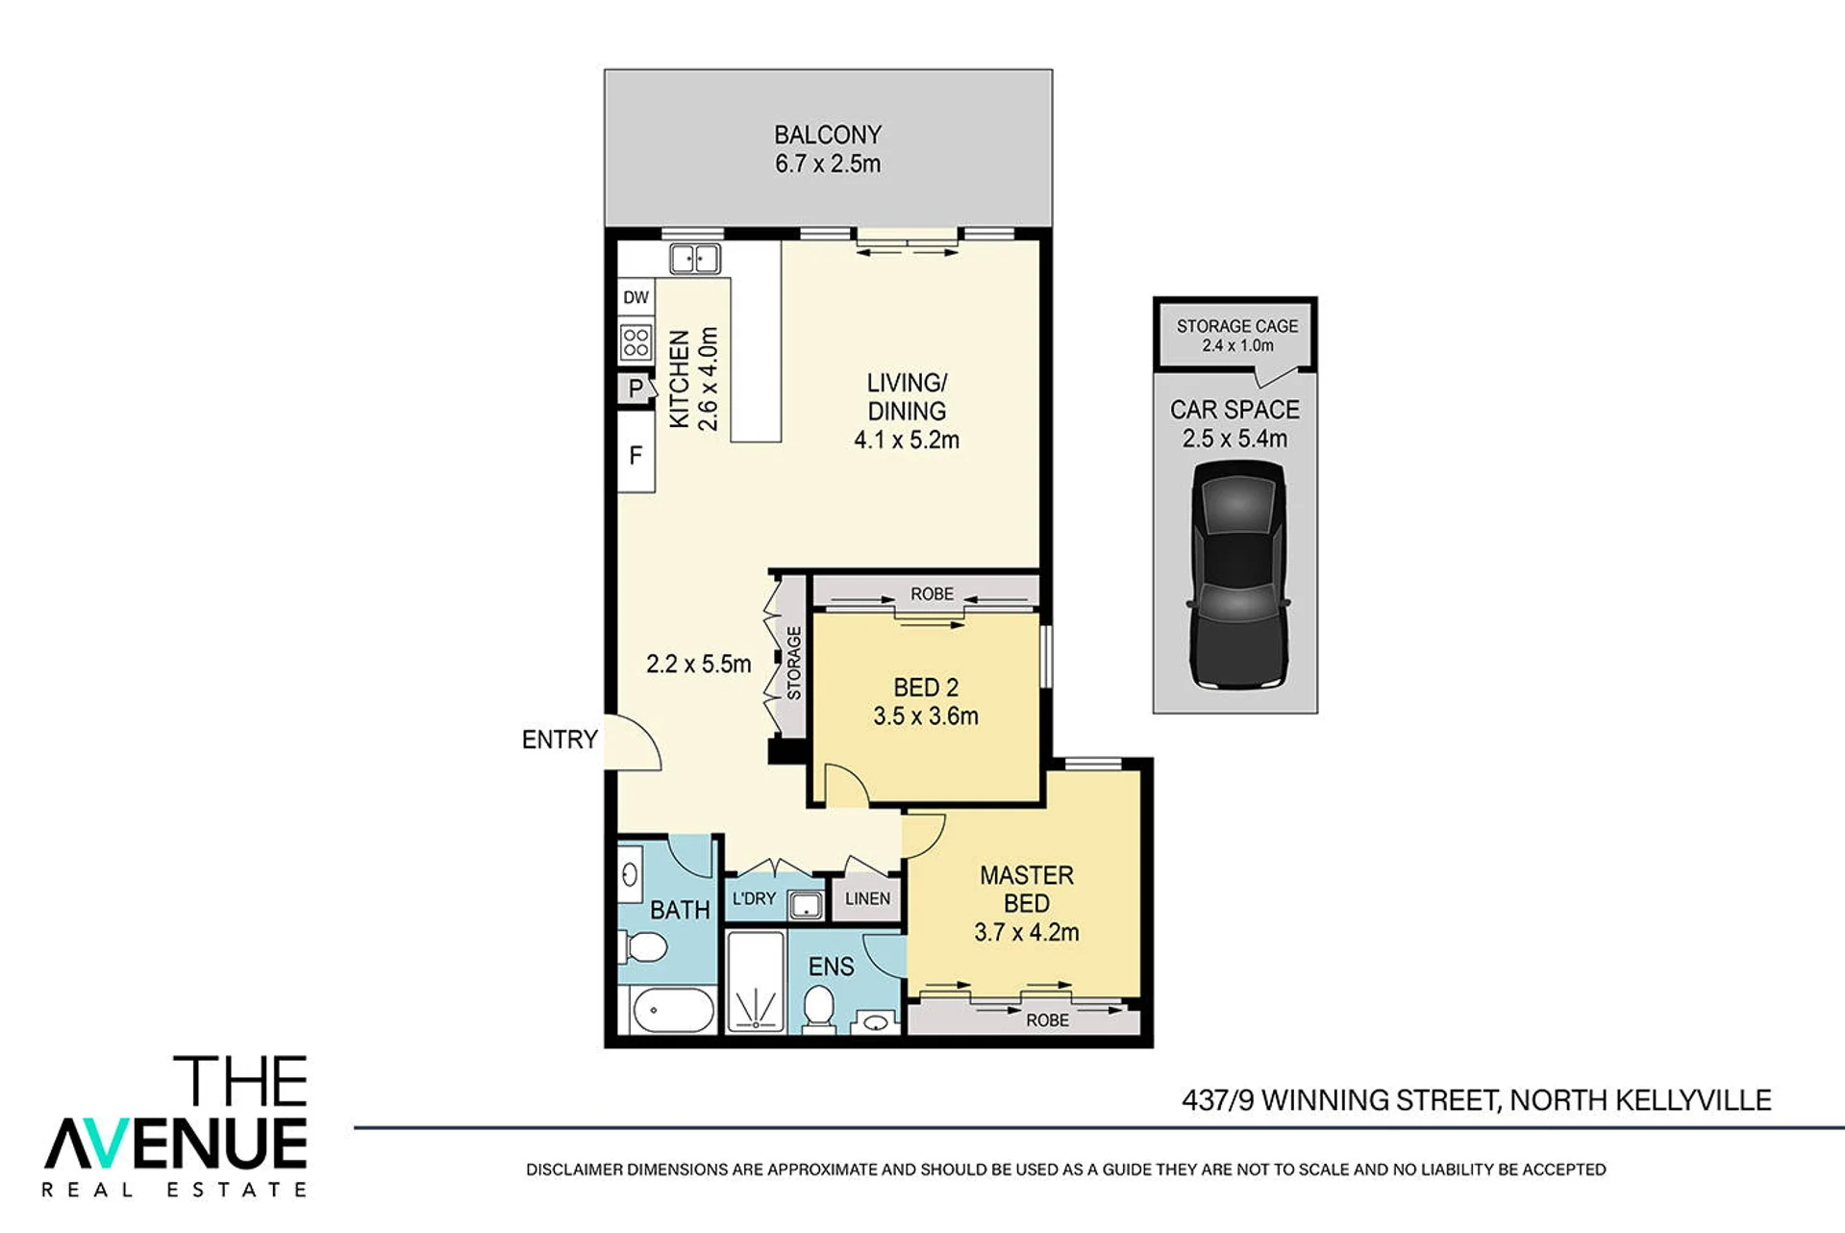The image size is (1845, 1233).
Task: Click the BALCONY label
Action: pos(828,135)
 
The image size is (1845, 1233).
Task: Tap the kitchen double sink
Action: pos(695,259)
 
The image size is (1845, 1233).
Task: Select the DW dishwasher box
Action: pos(636,297)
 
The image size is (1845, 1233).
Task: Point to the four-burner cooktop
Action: pos(636,341)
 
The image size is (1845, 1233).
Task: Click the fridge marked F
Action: pos(636,454)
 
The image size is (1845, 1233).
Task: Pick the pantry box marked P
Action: pos(635,389)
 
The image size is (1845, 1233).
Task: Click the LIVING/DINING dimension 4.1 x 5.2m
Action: pos(907,440)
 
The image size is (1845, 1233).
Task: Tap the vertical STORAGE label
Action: pos(794,663)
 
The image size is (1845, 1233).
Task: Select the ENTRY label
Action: pos(560,740)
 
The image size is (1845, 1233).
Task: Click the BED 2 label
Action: pos(926,688)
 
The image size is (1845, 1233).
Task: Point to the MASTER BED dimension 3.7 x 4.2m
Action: pos(1027,932)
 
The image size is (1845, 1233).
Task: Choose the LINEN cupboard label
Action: pos(867,898)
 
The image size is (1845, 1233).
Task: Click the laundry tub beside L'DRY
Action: pos(806,905)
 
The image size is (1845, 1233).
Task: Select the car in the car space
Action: pos(1238,575)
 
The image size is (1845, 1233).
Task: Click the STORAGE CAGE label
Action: pos(1237,326)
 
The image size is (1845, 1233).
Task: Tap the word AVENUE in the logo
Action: pos(176,1144)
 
